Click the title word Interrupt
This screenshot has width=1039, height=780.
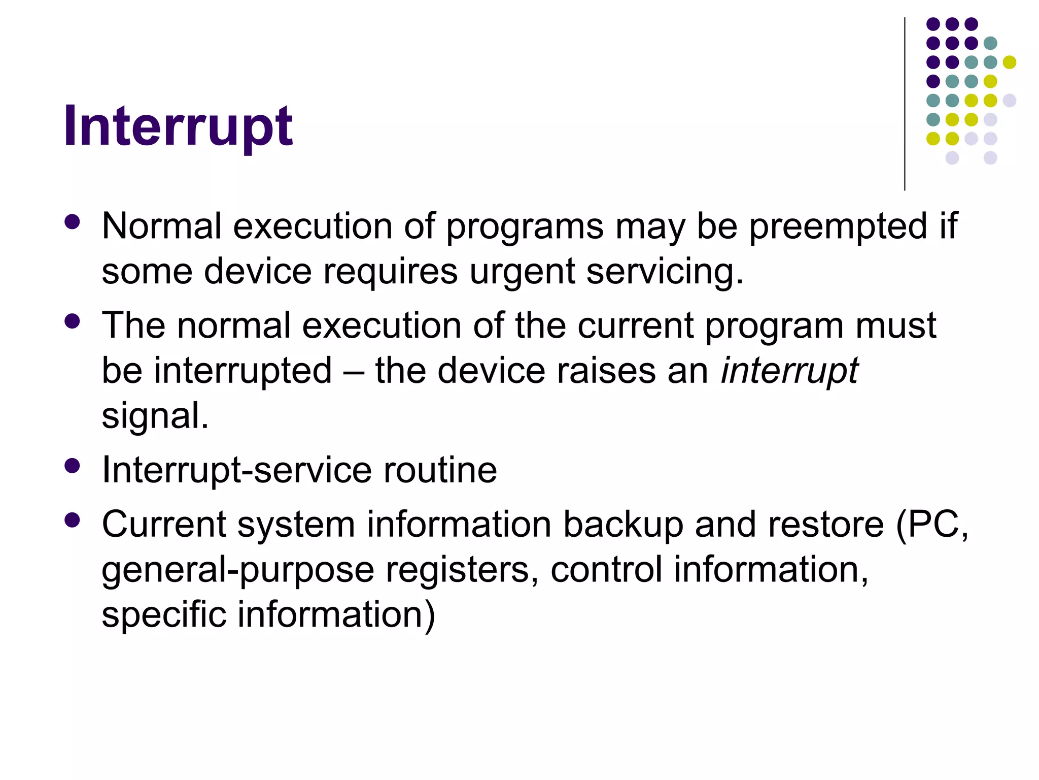(x=178, y=125)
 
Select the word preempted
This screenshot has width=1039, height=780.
(x=838, y=226)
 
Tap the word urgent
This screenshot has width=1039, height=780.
(x=522, y=271)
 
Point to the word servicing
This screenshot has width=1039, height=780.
(x=665, y=271)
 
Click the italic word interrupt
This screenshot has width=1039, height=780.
(x=789, y=370)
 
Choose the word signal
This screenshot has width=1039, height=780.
(x=155, y=416)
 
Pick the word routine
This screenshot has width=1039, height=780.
(x=440, y=470)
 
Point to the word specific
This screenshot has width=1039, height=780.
(x=163, y=614)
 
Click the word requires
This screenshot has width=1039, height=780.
(x=390, y=271)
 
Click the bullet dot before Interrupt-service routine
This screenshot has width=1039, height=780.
(x=73, y=466)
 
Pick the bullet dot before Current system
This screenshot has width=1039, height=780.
(x=73, y=520)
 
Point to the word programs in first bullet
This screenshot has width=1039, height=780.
(x=525, y=226)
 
